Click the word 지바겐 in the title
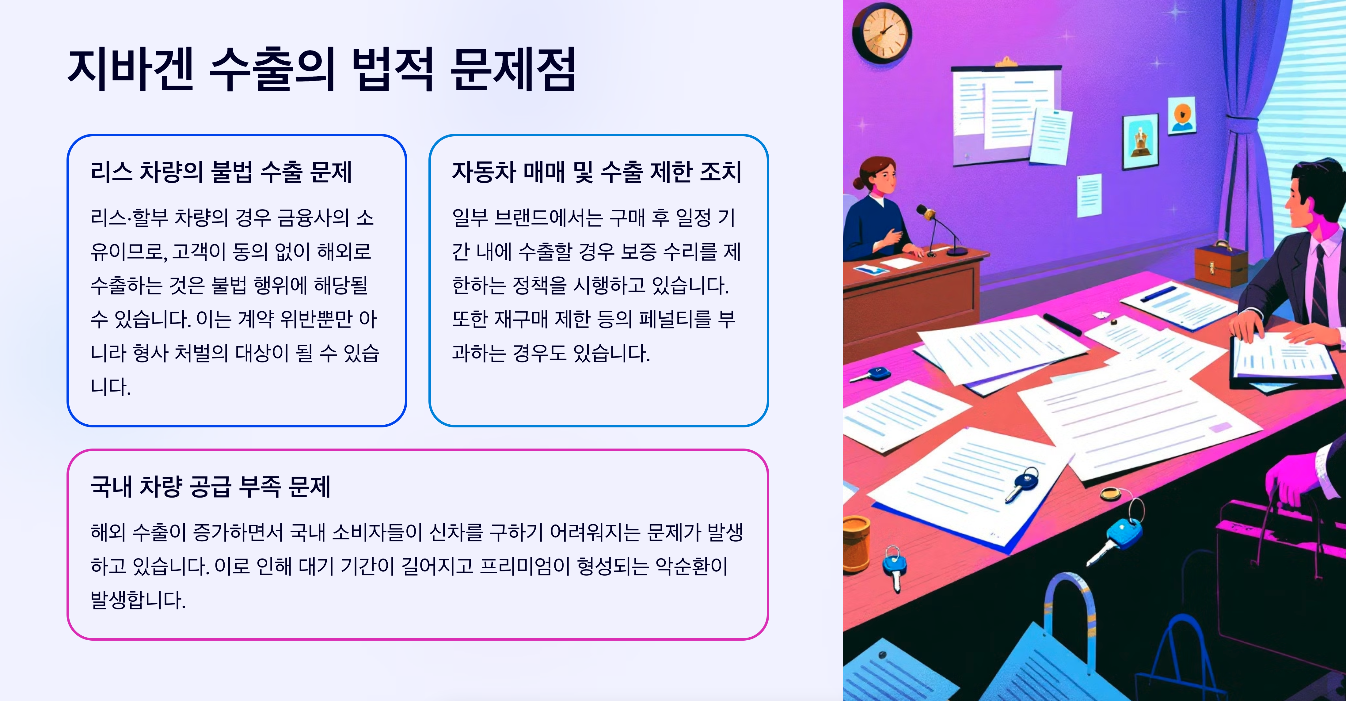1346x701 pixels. click(131, 70)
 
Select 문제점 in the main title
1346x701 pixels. click(513, 70)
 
